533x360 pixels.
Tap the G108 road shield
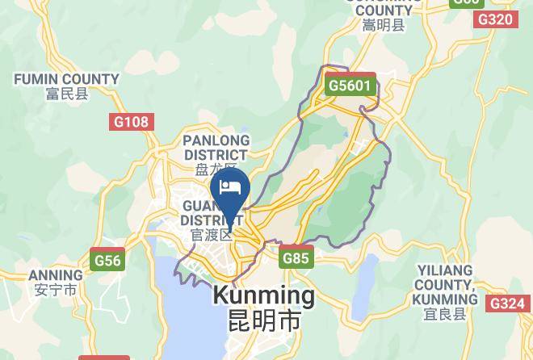[x=130, y=122]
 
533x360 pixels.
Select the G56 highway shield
[x=107, y=260]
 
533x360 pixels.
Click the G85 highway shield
[x=296, y=258]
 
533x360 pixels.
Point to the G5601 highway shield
[x=350, y=85]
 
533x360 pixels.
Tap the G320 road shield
[x=494, y=19]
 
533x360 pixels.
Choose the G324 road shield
[x=506, y=303]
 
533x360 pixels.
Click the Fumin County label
[x=66, y=79]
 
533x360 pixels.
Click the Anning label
[x=55, y=275]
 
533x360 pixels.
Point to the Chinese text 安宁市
[x=55, y=289]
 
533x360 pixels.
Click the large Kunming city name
[x=263, y=295]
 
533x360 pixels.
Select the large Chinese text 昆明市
[x=263, y=320]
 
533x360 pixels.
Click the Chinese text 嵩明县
[x=384, y=25]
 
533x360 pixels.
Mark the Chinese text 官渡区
[x=212, y=235]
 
